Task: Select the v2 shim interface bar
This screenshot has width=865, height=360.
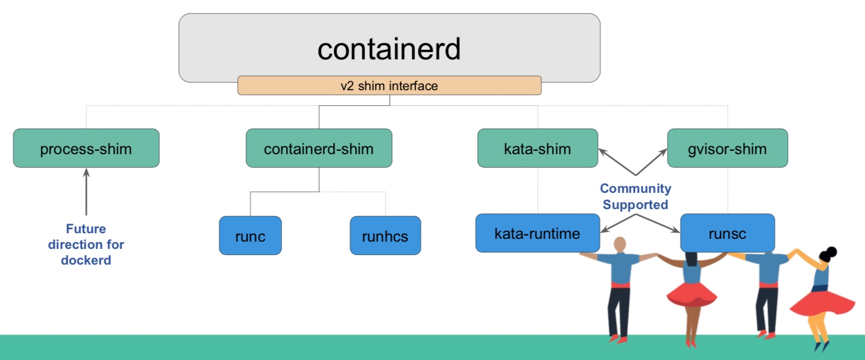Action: click(x=389, y=86)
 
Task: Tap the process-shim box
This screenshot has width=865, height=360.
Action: click(x=86, y=149)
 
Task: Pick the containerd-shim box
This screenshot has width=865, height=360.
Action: click(x=319, y=149)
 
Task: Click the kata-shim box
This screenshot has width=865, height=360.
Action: click(x=537, y=149)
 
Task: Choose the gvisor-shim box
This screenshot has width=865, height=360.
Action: click(x=727, y=149)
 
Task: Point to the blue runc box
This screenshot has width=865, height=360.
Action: click(x=250, y=236)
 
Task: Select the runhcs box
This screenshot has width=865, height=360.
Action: click(x=385, y=236)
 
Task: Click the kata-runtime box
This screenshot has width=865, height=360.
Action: click(x=537, y=233)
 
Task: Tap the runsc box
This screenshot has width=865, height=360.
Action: click(x=727, y=233)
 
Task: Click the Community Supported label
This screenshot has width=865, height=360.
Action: click(x=635, y=196)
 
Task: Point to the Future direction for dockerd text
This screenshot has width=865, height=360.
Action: click(x=86, y=244)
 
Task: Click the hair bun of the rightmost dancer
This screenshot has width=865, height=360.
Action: click(x=831, y=252)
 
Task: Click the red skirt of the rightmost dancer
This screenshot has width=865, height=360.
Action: click(x=822, y=306)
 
